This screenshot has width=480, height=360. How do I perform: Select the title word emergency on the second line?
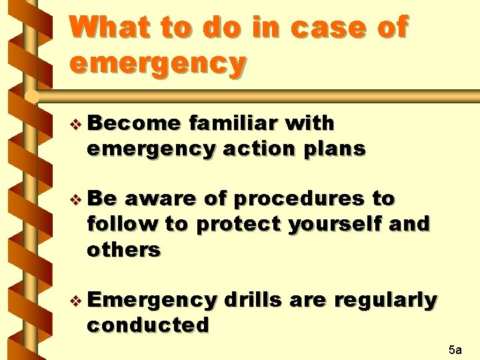click(x=157, y=64)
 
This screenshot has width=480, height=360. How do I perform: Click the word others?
click(x=124, y=249)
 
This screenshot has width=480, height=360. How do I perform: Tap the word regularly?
click(x=385, y=300)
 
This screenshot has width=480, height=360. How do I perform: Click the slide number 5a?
click(x=455, y=349)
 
